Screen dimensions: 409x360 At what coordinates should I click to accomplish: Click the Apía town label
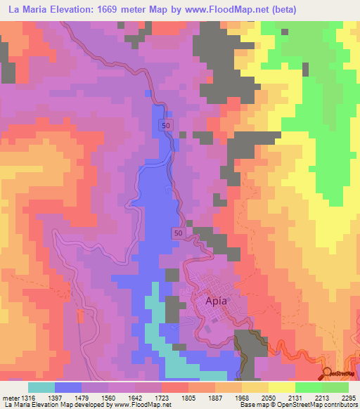pos(216,301)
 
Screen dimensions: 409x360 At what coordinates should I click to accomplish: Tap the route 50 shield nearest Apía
pos(179,233)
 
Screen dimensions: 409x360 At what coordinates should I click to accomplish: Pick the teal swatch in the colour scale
pos(41,387)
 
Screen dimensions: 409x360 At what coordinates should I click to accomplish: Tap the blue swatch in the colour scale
pos(68,387)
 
